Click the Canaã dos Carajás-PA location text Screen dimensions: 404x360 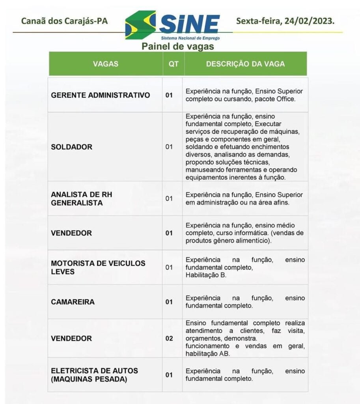(x=64, y=21)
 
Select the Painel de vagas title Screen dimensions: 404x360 (x=178, y=47)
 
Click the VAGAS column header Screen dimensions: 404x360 (x=106, y=64)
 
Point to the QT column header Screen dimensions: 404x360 (x=173, y=64)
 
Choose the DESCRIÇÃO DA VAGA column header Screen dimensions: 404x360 (x=245, y=64)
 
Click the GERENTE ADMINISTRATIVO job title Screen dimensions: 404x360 (x=101, y=95)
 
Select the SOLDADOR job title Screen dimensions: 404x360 (x=72, y=147)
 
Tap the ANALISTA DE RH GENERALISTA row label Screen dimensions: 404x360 (x=82, y=198)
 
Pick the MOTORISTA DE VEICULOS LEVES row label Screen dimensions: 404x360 (x=98, y=267)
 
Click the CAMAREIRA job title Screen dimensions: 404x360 (x=73, y=302)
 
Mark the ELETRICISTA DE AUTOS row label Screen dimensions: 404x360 (x=94, y=375)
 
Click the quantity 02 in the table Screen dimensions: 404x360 (x=169, y=339)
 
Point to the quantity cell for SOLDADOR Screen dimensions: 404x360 (x=169, y=147)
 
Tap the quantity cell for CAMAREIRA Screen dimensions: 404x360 (x=169, y=302)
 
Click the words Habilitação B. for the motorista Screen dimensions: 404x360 (x=206, y=275)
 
